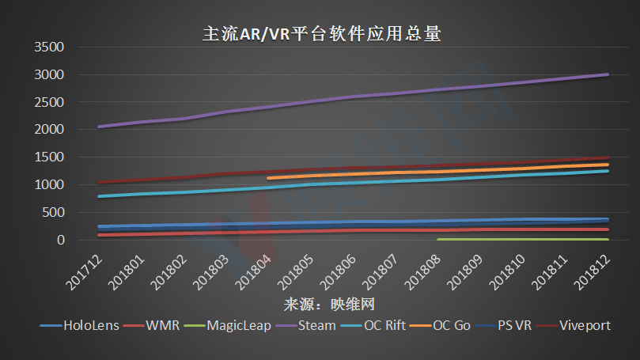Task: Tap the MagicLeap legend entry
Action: pyautogui.click(x=237, y=325)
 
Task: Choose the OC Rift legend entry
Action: pyautogui.click(x=387, y=325)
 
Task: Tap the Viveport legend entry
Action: pyautogui.click(x=585, y=325)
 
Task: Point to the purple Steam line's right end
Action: pyautogui.click(x=608, y=74)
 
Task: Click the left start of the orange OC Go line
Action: pyautogui.click(x=269, y=179)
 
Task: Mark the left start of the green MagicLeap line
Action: pyautogui.click(x=438, y=239)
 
